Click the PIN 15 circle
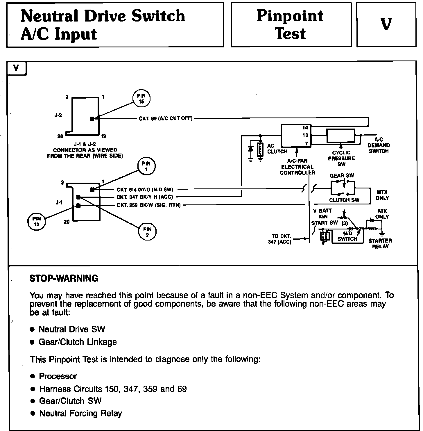tap(141, 98)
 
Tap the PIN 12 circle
tap(37, 222)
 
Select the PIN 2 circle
tap(147, 232)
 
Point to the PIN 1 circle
tap(146, 166)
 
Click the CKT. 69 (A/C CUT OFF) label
tap(166, 119)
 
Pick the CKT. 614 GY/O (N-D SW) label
tap(145, 190)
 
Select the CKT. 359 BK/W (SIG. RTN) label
tap(149, 205)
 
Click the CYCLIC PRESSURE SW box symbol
tap(341, 136)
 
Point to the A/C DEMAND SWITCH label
tap(379, 145)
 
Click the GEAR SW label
tap(342, 176)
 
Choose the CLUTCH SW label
tap(344, 200)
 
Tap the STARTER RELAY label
tap(380, 244)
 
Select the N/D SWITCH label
tap(347, 236)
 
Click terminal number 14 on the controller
tap(305, 128)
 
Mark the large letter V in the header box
tap(386, 24)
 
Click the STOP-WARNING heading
tap(64, 279)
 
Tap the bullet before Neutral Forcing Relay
tap(33, 413)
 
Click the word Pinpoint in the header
tap(290, 16)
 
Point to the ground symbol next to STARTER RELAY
tap(382, 234)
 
